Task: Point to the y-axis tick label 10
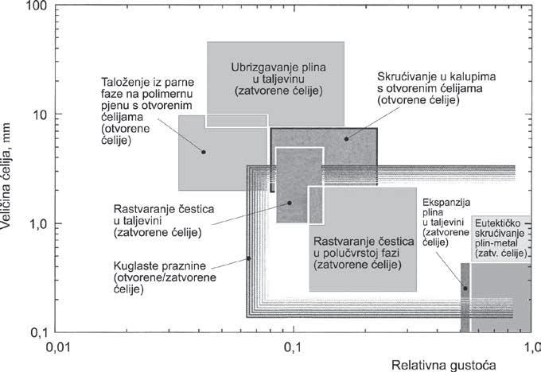click(37, 114)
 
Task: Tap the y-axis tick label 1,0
click(35, 223)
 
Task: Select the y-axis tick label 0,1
click(35, 331)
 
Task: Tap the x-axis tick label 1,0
click(531, 347)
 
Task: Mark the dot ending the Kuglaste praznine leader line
click(249, 258)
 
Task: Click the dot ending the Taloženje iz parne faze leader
click(204, 152)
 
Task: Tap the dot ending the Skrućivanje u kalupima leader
click(347, 138)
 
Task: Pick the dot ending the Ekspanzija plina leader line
click(465, 288)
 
